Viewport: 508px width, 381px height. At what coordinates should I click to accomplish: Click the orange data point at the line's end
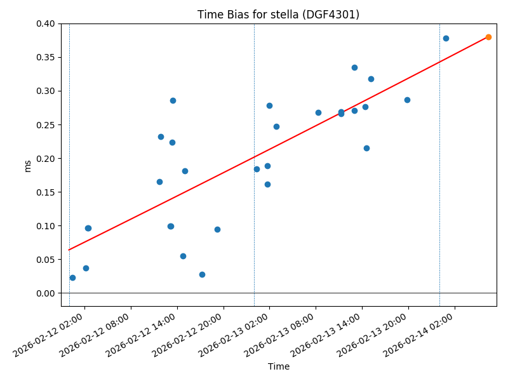488,37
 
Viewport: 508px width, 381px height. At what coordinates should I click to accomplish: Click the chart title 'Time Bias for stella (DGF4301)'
278,15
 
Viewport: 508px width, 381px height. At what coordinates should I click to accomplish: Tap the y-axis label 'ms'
27,166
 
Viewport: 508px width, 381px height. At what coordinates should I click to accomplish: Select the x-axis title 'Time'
278,366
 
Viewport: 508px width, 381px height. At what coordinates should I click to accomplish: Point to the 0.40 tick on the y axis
46,24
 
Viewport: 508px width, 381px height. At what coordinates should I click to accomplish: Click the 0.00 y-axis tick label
46,293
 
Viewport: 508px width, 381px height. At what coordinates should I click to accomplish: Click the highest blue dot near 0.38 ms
446,38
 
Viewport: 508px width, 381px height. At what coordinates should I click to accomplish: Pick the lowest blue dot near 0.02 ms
72,277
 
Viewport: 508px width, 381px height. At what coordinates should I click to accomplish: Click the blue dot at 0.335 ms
354,67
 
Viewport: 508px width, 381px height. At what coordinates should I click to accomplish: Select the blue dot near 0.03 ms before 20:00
202,274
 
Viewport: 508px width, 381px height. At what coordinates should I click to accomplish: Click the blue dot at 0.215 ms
366,148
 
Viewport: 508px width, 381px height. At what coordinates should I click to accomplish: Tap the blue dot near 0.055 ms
183,256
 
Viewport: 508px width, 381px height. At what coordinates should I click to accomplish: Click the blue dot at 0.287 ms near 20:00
407,100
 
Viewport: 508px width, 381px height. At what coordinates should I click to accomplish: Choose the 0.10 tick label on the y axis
46,226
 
